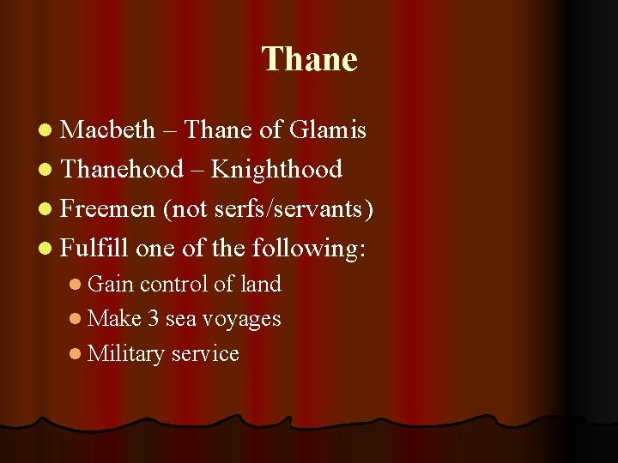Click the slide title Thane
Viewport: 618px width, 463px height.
click(309, 59)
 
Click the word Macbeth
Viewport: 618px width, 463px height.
click(108, 130)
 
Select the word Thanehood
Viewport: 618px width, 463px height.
click(123, 170)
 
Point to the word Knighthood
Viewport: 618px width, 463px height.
click(276, 170)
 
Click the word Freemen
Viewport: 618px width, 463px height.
click(108, 209)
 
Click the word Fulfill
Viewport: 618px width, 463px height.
click(95, 249)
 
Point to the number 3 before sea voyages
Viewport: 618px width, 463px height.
click(153, 318)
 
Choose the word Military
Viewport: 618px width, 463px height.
click(126, 353)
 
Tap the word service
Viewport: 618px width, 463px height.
click(205, 353)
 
